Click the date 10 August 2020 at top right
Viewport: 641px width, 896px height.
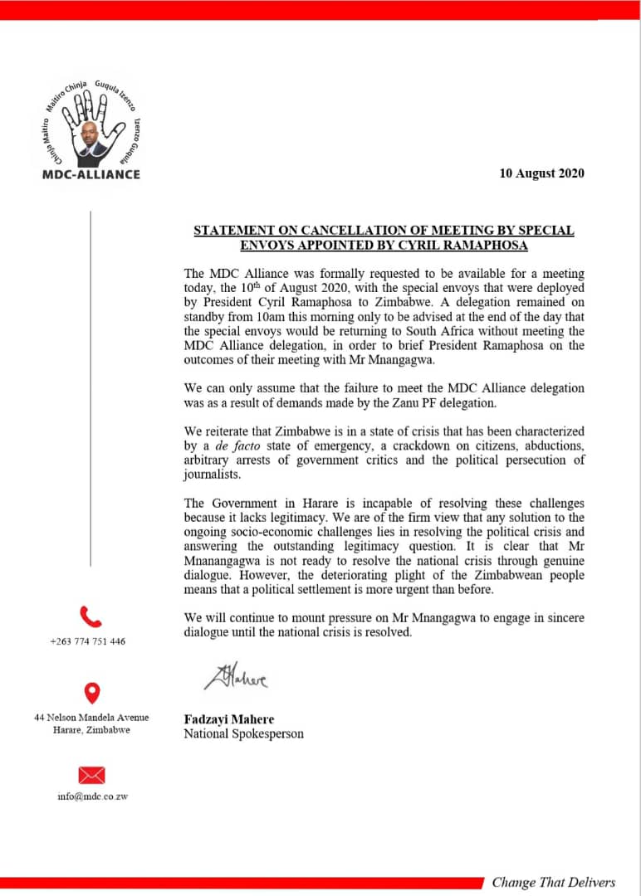[x=541, y=173]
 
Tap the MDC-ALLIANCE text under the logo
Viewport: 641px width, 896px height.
[x=91, y=174]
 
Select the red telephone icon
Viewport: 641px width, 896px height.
[x=91, y=616]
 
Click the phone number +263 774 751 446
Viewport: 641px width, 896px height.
[x=88, y=641]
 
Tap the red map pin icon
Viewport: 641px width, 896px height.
[x=92, y=693]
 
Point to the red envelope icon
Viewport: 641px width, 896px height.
[x=91, y=775]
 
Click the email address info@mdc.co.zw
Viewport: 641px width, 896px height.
[x=92, y=796]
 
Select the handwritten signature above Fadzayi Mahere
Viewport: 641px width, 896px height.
[x=236, y=678]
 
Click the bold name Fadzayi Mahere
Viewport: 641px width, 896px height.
[x=228, y=719]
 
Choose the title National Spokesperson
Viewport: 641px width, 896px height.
[x=243, y=733]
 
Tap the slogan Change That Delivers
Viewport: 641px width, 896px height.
[x=554, y=882]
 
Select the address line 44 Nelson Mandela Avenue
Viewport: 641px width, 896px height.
[x=91, y=717]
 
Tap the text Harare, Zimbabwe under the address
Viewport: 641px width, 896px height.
[x=88, y=730]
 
